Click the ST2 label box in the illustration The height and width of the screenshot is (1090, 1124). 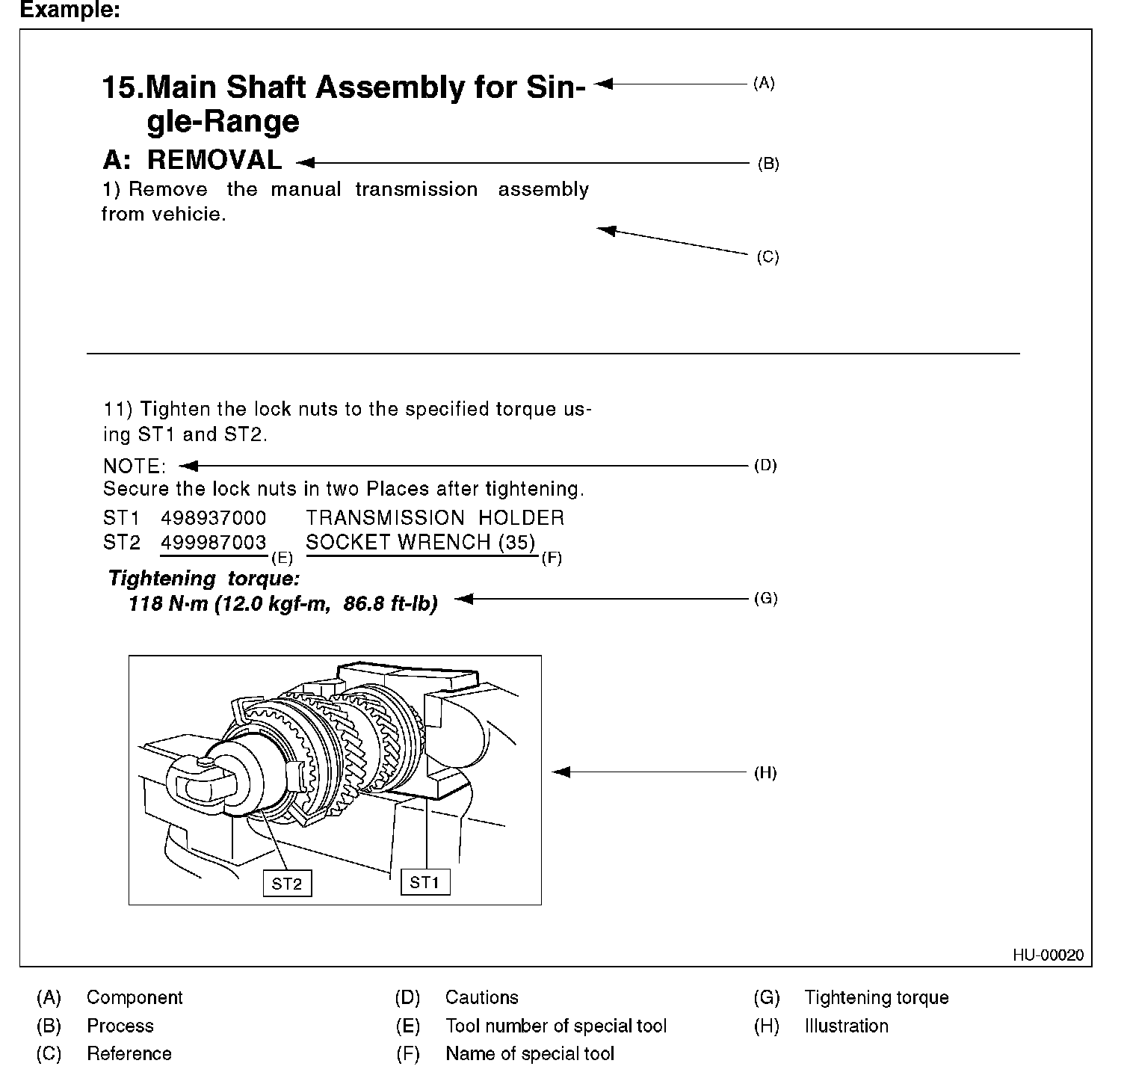(x=287, y=884)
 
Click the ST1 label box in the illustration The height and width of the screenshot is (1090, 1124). (x=424, y=882)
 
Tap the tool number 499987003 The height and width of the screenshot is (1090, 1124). (x=214, y=543)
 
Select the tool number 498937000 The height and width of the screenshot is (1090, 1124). (x=214, y=518)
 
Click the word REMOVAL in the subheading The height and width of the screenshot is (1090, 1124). (x=214, y=160)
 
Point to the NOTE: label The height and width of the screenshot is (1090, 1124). (x=135, y=467)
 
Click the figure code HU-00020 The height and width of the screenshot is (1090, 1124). (x=1048, y=955)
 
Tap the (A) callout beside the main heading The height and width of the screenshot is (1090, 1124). (x=764, y=84)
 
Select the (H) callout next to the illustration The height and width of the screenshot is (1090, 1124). (x=765, y=773)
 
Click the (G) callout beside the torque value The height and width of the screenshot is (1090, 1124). (x=765, y=599)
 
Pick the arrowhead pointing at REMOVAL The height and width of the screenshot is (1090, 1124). (x=304, y=162)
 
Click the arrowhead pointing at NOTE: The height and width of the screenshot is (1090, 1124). (x=188, y=466)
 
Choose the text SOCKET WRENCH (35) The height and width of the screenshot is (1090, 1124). (x=421, y=543)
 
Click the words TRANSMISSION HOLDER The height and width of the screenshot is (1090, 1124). (x=435, y=518)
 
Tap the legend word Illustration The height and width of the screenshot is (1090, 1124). (x=846, y=1026)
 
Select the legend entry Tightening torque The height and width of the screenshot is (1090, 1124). (x=876, y=997)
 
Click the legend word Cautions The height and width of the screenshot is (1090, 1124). (x=481, y=997)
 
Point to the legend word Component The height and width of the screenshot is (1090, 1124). (x=135, y=997)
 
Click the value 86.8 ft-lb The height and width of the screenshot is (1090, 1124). (x=390, y=603)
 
